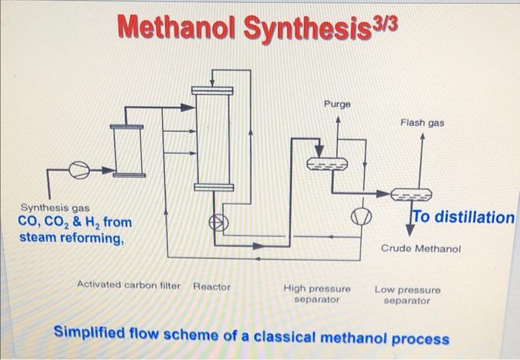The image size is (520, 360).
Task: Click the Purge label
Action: [337, 105]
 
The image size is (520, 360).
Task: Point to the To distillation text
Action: [463, 217]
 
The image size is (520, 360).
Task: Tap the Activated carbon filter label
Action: [129, 285]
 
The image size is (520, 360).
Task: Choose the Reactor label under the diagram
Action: [212, 286]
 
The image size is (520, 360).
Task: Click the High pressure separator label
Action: [317, 294]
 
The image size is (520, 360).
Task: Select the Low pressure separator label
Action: [407, 295]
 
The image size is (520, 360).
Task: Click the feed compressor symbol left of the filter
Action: [77, 171]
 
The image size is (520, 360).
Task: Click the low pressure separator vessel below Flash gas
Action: [417, 194]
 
